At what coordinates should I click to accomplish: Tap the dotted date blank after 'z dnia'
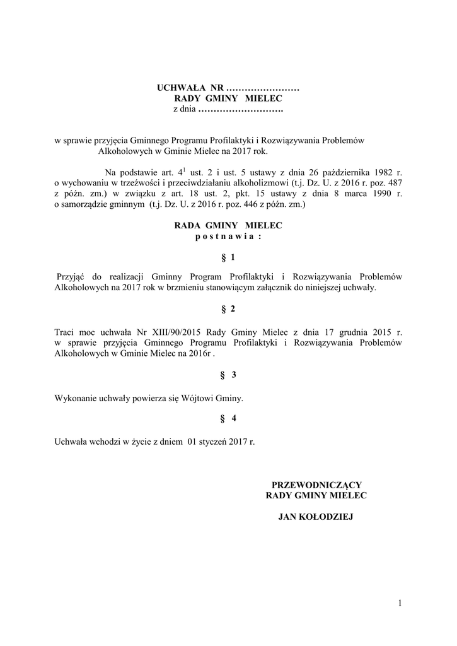click(240, 110)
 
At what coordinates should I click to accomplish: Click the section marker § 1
click(228, 257)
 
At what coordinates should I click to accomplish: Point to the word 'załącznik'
click(286, 288)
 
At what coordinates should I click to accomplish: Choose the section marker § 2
click(228, 309)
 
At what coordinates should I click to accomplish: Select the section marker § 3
click(228, 375)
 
